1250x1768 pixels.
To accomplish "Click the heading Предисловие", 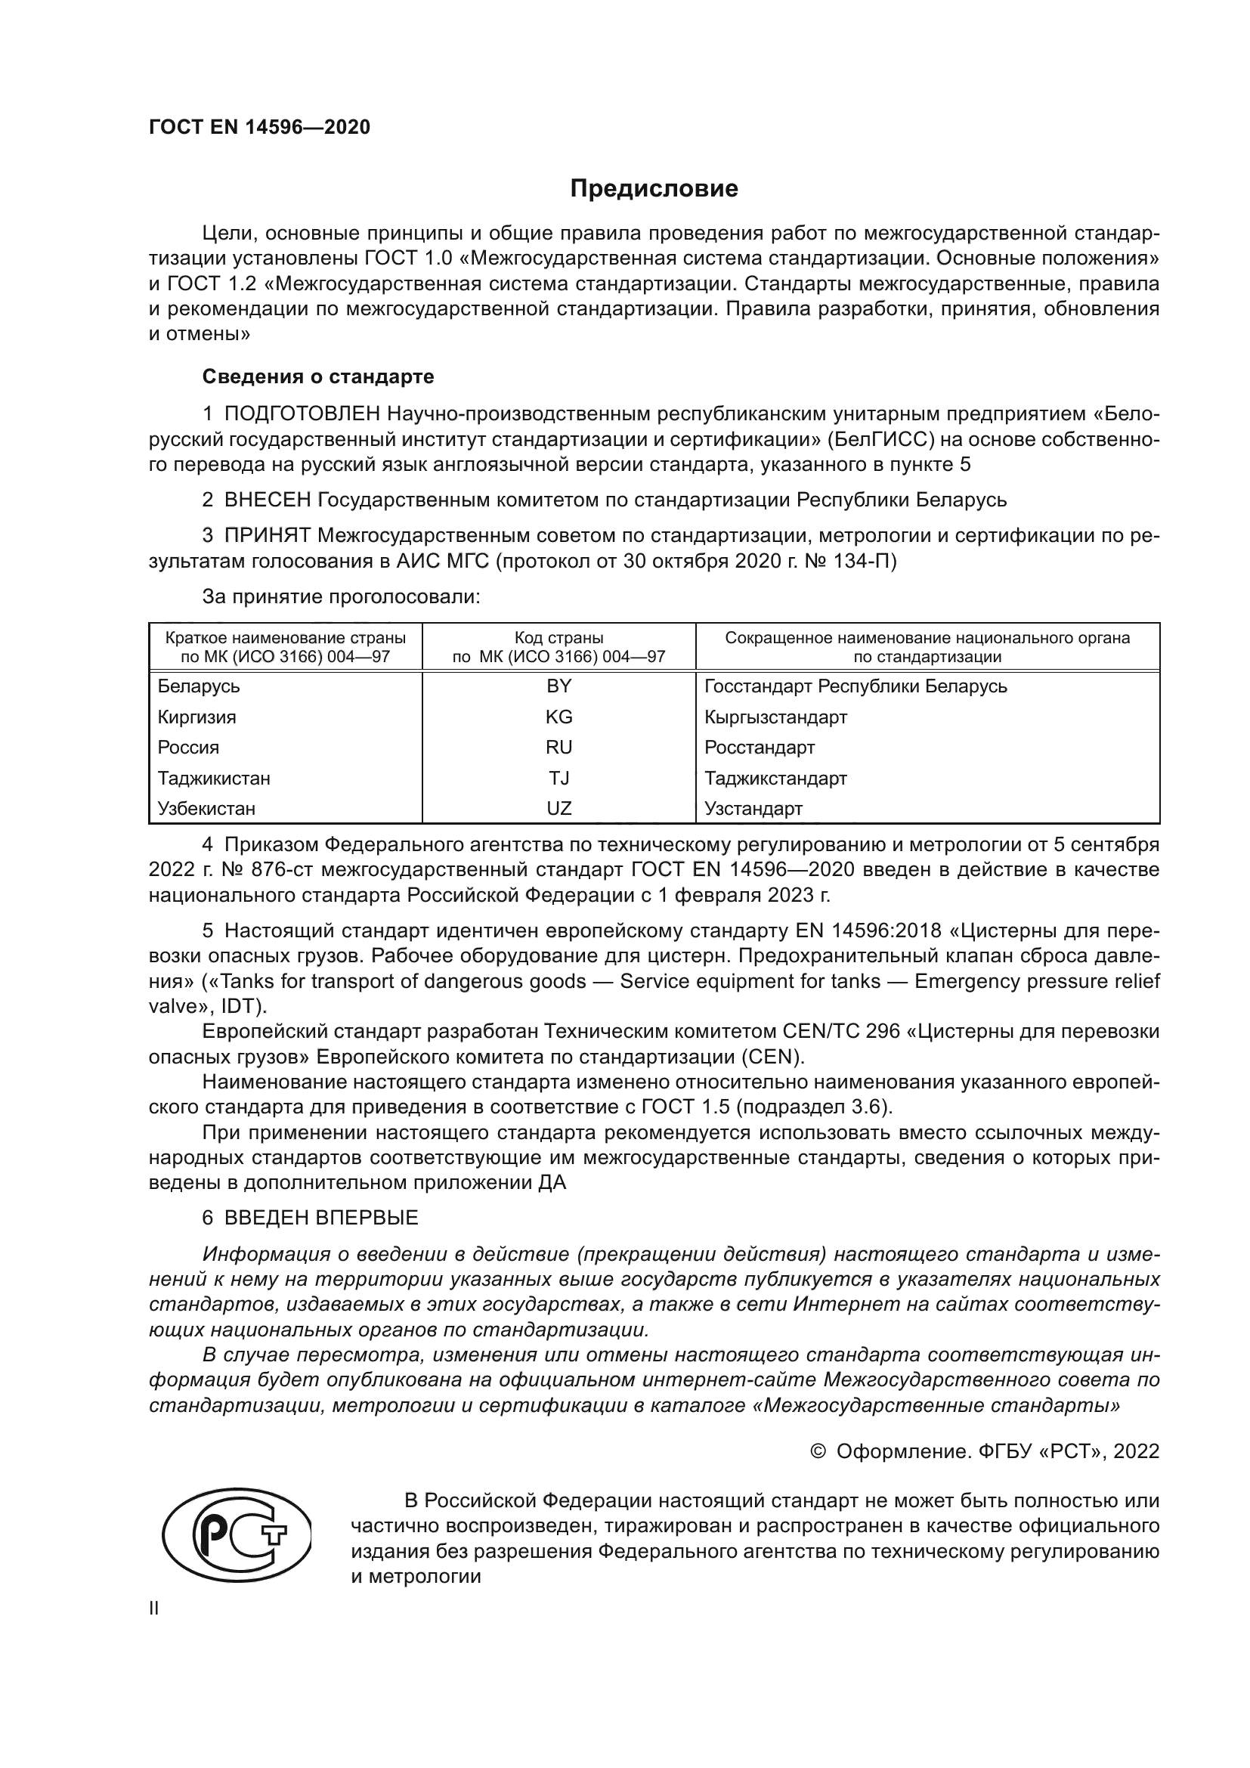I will (x=654, y=189).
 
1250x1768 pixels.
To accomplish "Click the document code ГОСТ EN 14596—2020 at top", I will (x=259, y=128).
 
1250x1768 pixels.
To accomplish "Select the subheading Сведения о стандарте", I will (x=318, y=376).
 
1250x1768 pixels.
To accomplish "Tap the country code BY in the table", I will (x=558, y=686).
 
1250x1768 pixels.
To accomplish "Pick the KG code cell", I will (x=558, y=717).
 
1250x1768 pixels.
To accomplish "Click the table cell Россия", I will (x=189, y=748).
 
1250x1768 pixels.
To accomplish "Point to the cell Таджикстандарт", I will (x=775, y=779).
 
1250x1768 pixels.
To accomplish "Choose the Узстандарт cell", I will (x=753, y=810).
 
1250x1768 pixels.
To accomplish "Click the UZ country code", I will (x=558, y=810).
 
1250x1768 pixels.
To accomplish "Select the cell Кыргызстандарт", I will (x=775, y=717).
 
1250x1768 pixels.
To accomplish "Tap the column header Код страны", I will (x=558, y=639).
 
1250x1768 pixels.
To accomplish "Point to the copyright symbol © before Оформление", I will (x=818, y=1451).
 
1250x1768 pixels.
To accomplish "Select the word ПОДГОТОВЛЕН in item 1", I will (x=302, y=414).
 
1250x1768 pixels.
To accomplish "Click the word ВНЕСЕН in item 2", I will (x=267, y=500).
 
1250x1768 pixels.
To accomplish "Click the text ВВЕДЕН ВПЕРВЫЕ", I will (x=321, y=1218).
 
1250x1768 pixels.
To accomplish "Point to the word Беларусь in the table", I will (x=199, y=686).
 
